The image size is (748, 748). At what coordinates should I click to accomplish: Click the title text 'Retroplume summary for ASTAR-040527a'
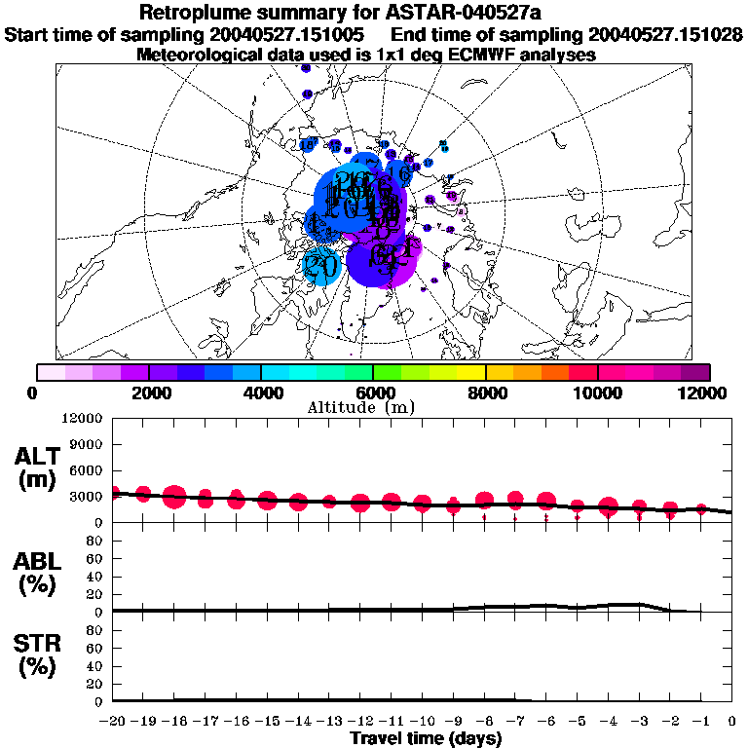tap(374, 13)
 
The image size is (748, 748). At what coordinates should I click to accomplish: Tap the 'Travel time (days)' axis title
tap(426, 738)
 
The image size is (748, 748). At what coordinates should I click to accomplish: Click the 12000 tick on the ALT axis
tap(85, 419)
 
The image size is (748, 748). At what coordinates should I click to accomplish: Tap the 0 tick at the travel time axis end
tap(732, 721)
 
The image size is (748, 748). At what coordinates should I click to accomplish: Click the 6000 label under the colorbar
tap(374, 393)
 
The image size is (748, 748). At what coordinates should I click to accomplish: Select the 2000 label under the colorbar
tap(149, 393)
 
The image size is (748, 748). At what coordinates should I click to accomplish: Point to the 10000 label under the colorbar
tap(597, 393)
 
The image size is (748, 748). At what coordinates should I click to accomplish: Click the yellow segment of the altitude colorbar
tap(471, 372)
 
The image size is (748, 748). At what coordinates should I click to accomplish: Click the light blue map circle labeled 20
tap(320, 264)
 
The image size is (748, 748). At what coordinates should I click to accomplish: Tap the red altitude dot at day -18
tap(174, 497)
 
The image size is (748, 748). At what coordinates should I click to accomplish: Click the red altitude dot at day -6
tap(545, 502)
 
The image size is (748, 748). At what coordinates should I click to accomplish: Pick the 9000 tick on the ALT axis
tap(89, 445)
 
